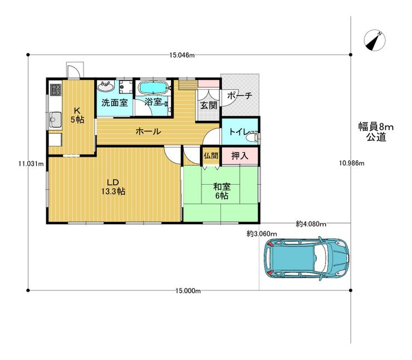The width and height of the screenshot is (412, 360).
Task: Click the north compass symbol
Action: pos(375,41)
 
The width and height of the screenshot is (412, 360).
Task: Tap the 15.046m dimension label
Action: pos(182,56)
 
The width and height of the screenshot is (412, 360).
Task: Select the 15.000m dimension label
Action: pos(188,291)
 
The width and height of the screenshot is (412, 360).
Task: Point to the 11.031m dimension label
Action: pos(31,164)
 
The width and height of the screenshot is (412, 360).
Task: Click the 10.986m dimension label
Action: pos(351,164)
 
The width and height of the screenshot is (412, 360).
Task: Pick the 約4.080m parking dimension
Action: pos(311,224)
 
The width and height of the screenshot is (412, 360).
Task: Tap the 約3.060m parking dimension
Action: pos(262,234)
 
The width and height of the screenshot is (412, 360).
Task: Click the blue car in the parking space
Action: pos(307,258)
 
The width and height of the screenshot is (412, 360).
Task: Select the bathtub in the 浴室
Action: pos(154,88)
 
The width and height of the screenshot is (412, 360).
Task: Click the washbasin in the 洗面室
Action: pos(106,86)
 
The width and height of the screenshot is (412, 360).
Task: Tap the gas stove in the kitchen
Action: pos(56,90)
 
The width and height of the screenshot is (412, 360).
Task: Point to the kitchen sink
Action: pos(55,120)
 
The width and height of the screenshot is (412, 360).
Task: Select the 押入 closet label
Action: pos(239,156)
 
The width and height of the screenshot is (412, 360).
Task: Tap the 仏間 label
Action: pos(210,156)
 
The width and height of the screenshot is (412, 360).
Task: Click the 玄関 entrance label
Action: pos(209,105)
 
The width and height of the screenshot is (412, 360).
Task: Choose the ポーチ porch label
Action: pos(239,95)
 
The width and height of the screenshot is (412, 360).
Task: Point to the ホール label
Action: pos(148,131)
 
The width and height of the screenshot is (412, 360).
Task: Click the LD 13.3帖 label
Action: pos(113,187)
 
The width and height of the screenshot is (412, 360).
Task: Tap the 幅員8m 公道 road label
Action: pos(376,132)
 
